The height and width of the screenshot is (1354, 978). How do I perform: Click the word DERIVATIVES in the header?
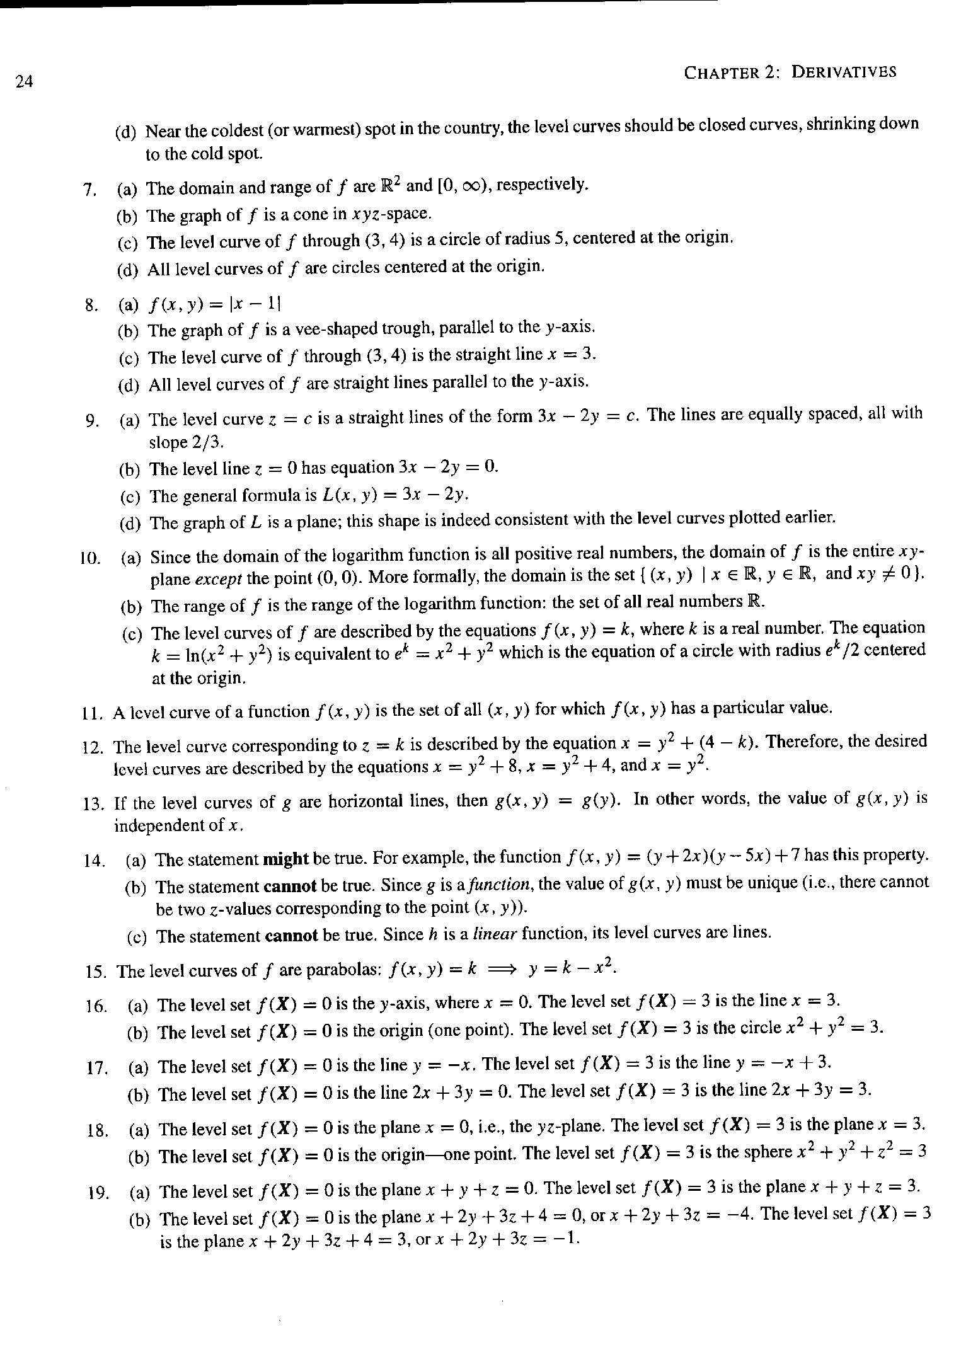[x=843, y=72]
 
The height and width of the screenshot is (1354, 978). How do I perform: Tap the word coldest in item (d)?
[x=234, y=130]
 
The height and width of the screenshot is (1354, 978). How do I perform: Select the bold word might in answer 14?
[x=285, y=859]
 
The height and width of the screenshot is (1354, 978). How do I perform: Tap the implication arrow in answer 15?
[x=502, y=970]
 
